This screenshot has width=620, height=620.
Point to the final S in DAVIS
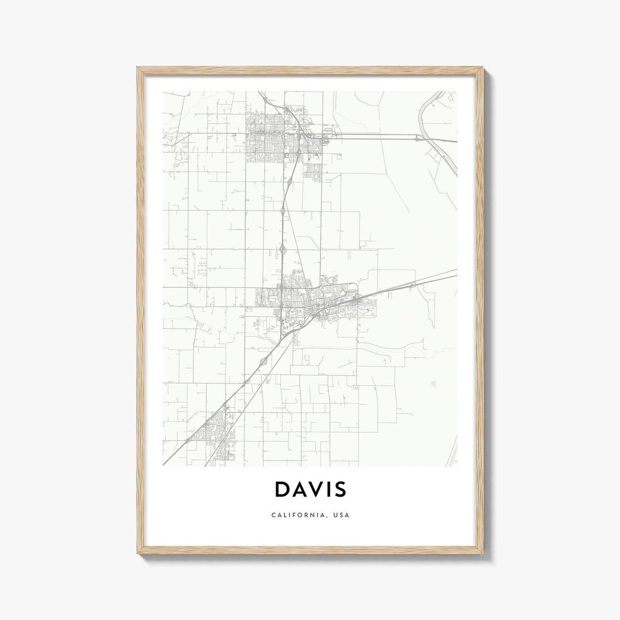tap(339, 489)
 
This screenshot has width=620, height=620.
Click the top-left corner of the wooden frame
tap(138, 68)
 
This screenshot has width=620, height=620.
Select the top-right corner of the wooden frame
tap(483, 68)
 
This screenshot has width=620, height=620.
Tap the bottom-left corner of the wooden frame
tap(138, 553)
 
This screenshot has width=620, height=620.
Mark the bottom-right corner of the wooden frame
tap(483, 553)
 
